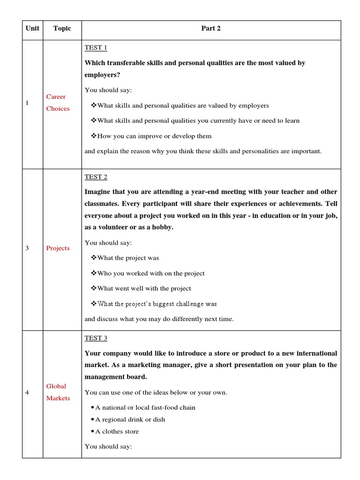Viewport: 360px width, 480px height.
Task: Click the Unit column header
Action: coord(32,29)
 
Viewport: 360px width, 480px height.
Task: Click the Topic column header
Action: coord(62,29)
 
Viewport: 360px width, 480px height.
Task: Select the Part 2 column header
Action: coord(211,29)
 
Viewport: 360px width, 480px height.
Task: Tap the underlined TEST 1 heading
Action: coord(96,48)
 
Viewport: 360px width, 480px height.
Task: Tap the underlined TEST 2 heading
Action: coord(96,177)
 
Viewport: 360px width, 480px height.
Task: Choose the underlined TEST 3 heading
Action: coord(96,338)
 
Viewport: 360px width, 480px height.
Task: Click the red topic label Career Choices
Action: coord(58,103)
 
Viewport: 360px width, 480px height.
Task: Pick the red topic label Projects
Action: coord(58,248)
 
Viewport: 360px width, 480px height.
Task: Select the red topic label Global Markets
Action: coord(58,392)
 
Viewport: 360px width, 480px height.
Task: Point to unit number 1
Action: coord(27,103)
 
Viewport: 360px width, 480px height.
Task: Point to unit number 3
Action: coord(27,248)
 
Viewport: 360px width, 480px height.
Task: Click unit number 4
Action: coord(27,392)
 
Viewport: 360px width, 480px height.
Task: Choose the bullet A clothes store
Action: coord(117,432)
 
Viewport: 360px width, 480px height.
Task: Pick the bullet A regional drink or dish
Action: coord(130,420)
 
